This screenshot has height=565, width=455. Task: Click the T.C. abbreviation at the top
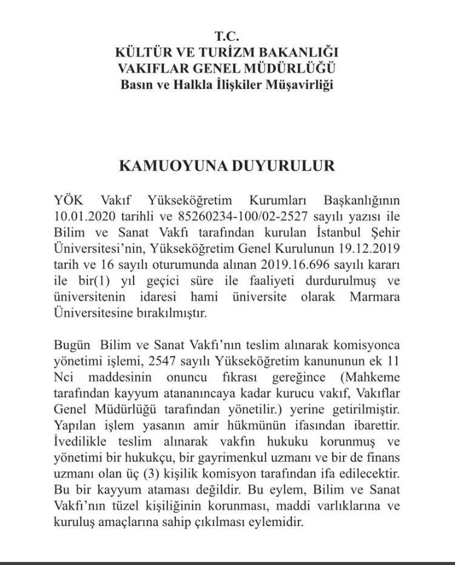pos(227,37)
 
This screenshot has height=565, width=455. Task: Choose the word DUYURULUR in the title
pos(285,166)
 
